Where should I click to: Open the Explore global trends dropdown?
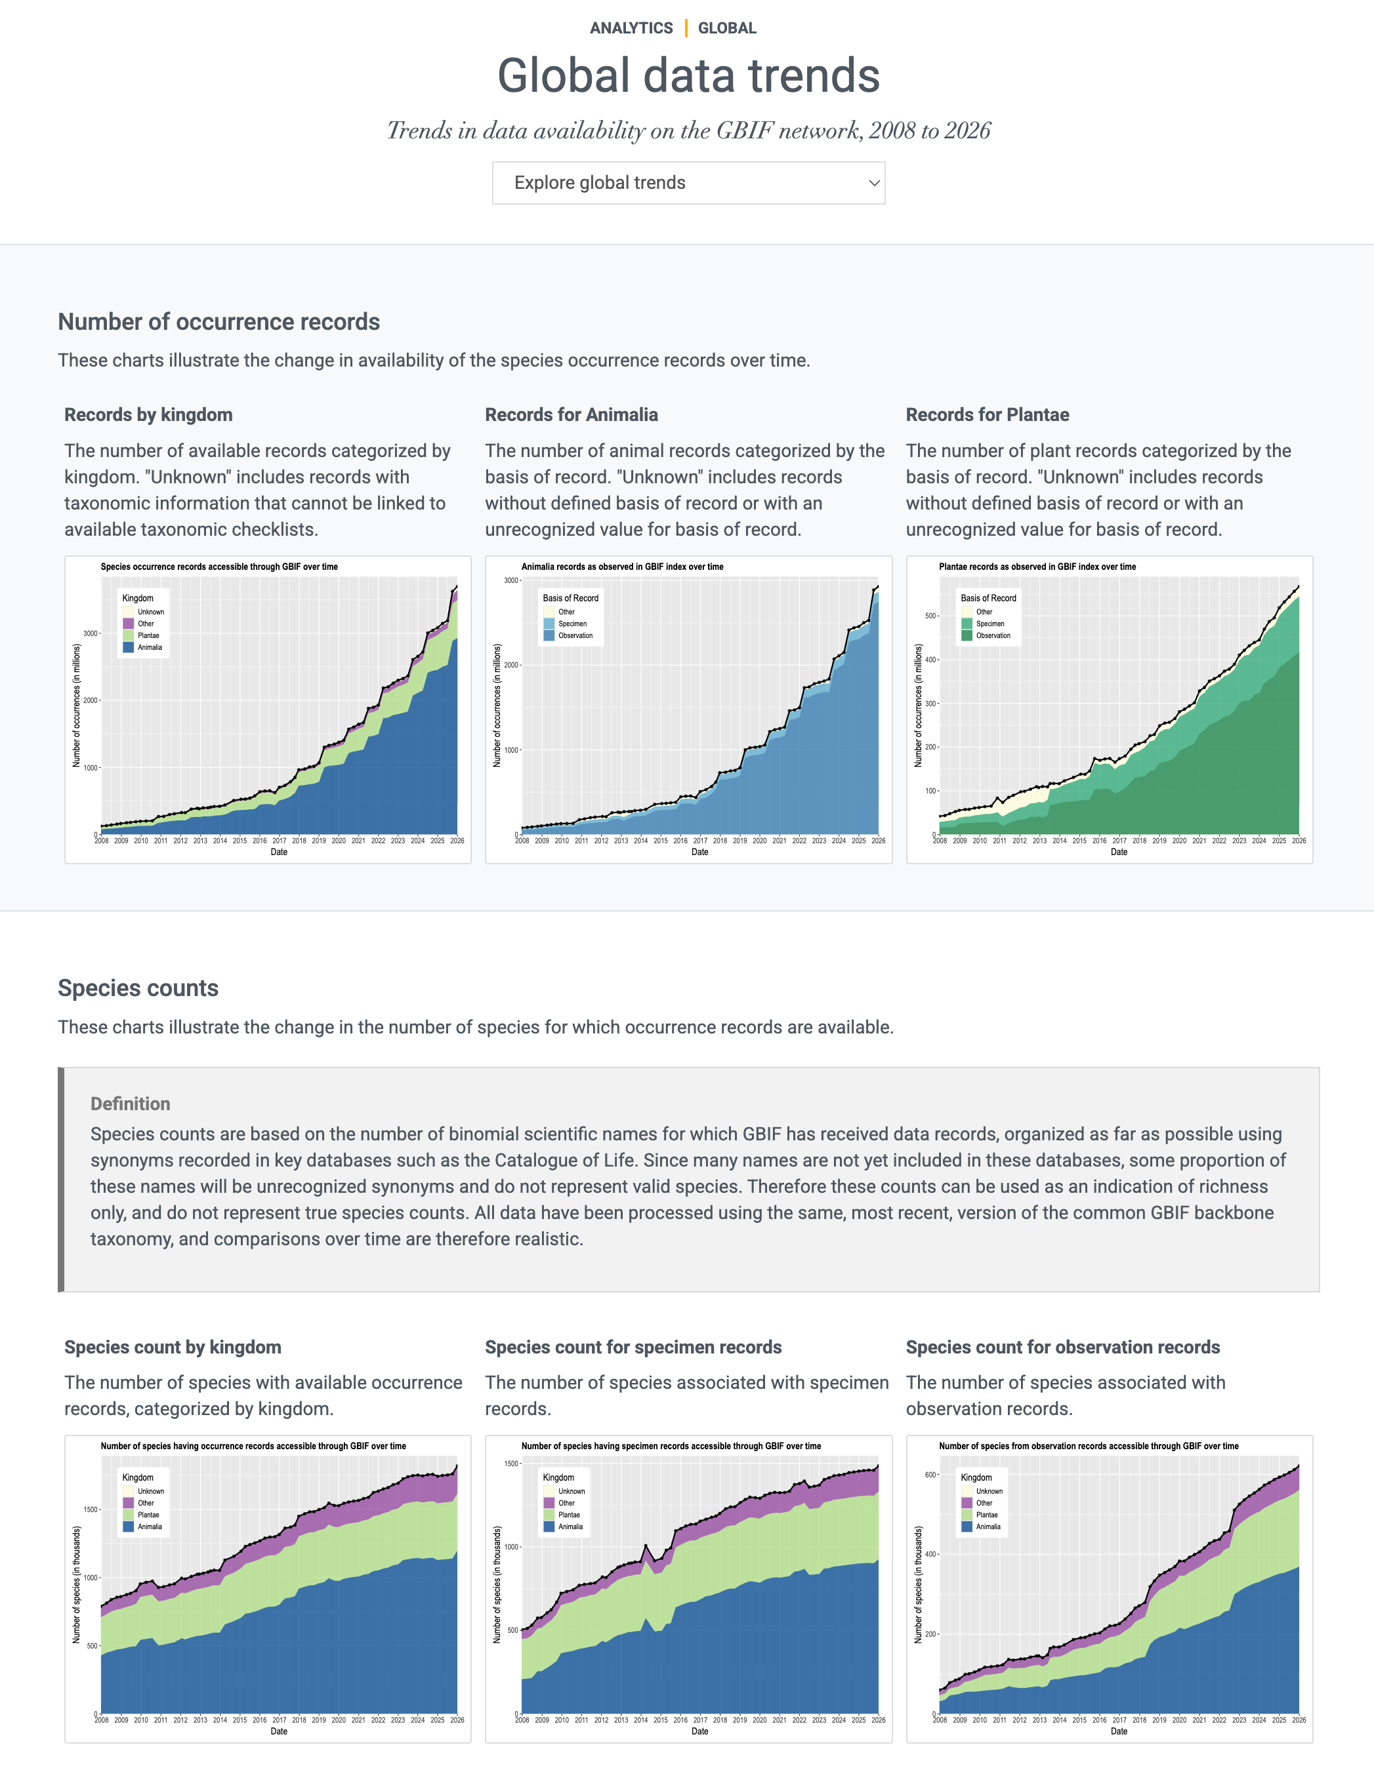(688, 183)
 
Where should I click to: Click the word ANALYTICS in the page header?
(631, 28)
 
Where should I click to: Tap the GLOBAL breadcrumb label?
(727, 28)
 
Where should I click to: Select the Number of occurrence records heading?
(219, 321)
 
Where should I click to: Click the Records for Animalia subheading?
(571, 414)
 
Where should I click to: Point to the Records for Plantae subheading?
(988, 414)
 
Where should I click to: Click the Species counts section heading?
(138, 988)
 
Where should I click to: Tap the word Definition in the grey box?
(131, 1104)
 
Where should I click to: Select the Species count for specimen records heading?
(633, 1346)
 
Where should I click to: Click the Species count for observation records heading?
(1062, 1346)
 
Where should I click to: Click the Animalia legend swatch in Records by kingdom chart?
(129, 647)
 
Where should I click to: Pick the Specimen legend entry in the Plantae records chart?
(989, 624)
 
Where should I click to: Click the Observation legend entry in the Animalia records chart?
(574, 635)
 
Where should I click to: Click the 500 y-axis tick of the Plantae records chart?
(930, 616)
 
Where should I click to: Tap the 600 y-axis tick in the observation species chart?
(930, 1474)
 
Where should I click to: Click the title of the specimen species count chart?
(671, 1446)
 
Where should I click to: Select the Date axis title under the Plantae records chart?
(1119, 852)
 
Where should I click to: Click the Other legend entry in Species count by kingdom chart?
(145, 1503)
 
